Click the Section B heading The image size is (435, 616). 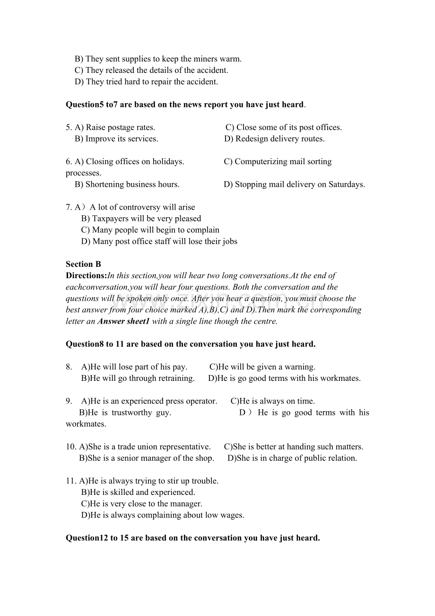[83, 264]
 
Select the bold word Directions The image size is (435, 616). [86, 275]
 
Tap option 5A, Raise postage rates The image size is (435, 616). [115, 127]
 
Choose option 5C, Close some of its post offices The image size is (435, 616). [283, 127]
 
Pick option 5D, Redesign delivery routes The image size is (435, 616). [274, 139]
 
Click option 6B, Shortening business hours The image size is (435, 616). [127, 184]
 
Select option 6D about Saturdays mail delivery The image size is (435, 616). [294, 184]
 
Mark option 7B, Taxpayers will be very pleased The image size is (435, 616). [141, 219]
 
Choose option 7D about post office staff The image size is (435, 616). [159, 241]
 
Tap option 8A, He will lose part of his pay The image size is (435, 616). [134, 367]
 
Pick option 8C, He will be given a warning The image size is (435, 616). [262, 367]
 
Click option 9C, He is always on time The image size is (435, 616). [272, 401]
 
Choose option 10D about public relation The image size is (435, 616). [292, 458]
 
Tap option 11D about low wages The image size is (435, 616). [163, 515]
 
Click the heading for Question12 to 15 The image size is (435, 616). [193, 538]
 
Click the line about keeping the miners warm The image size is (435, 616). [158, 59]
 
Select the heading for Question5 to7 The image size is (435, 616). [185, 105]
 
